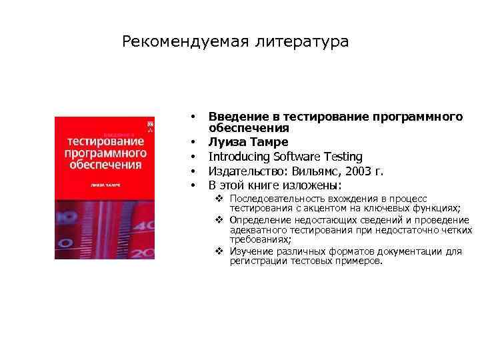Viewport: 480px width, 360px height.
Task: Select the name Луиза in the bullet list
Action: (226, 142)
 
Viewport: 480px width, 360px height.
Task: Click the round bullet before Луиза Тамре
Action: (193, 142)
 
